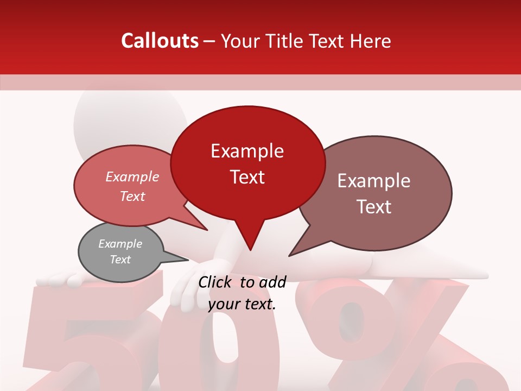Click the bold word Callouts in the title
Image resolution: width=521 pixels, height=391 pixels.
[x=160, y=41]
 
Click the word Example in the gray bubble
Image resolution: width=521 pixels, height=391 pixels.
[x=120, y=244]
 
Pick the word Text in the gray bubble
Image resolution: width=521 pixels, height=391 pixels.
[x=120, y=260]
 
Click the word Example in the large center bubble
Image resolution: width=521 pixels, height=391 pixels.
[x=247, y=151]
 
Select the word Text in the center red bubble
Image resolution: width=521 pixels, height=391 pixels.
[x=247, y=177]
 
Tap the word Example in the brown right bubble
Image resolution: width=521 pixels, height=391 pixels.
[x=374, y=181]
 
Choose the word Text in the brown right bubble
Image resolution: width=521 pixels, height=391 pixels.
[x=374, y=207]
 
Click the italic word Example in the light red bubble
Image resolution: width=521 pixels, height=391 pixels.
[x=132, y=176]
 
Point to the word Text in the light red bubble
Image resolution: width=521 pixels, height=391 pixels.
[x=132, y=196]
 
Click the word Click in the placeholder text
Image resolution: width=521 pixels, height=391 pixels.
[x=216, y=281]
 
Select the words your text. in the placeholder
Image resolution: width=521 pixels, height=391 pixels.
[x=242, y=304]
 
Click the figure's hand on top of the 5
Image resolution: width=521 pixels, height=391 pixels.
[x=60, y=280]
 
